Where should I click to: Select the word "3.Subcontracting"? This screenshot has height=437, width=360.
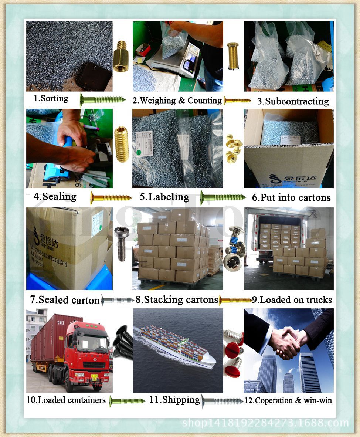(293, 101)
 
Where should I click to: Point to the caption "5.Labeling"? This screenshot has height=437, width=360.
(164, 197)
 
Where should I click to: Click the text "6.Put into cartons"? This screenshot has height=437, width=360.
(291, 198)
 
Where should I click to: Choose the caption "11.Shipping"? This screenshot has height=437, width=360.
(174, 400)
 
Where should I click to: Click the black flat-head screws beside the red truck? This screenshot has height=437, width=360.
(123, 342)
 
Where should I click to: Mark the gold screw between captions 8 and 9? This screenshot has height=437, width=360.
(235, 300)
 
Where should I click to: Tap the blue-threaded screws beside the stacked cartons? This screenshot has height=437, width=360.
(234, 248)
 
